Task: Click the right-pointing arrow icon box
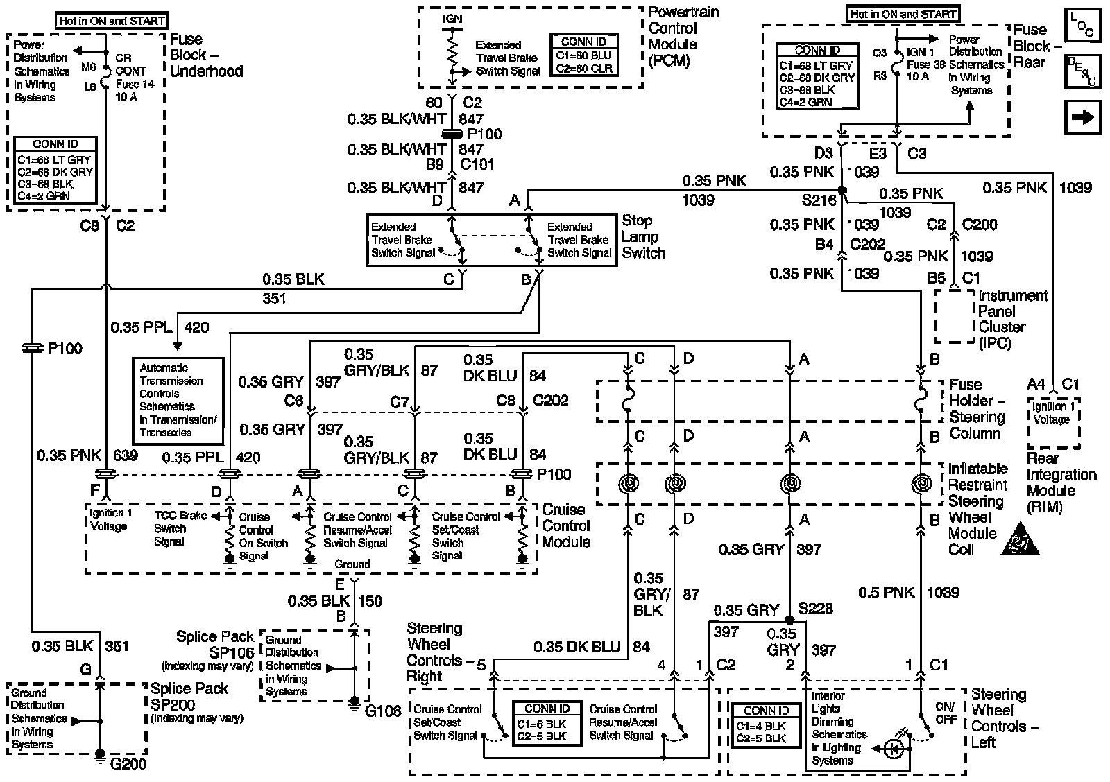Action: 1082,118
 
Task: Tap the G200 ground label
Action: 129,765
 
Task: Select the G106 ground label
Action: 382,711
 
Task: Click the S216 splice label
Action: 819,200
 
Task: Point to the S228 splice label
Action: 815,609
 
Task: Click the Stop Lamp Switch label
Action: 643,237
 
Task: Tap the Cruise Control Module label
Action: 566,525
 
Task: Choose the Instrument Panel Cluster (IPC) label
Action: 1012,319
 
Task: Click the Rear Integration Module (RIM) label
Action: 1061,483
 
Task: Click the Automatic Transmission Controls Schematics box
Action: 178,401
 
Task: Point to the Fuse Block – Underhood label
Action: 206,55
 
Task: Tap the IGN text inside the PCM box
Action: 452,19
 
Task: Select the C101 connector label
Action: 477,165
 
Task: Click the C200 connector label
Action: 980,225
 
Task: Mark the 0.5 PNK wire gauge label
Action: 887,592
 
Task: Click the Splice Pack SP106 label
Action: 215,645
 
